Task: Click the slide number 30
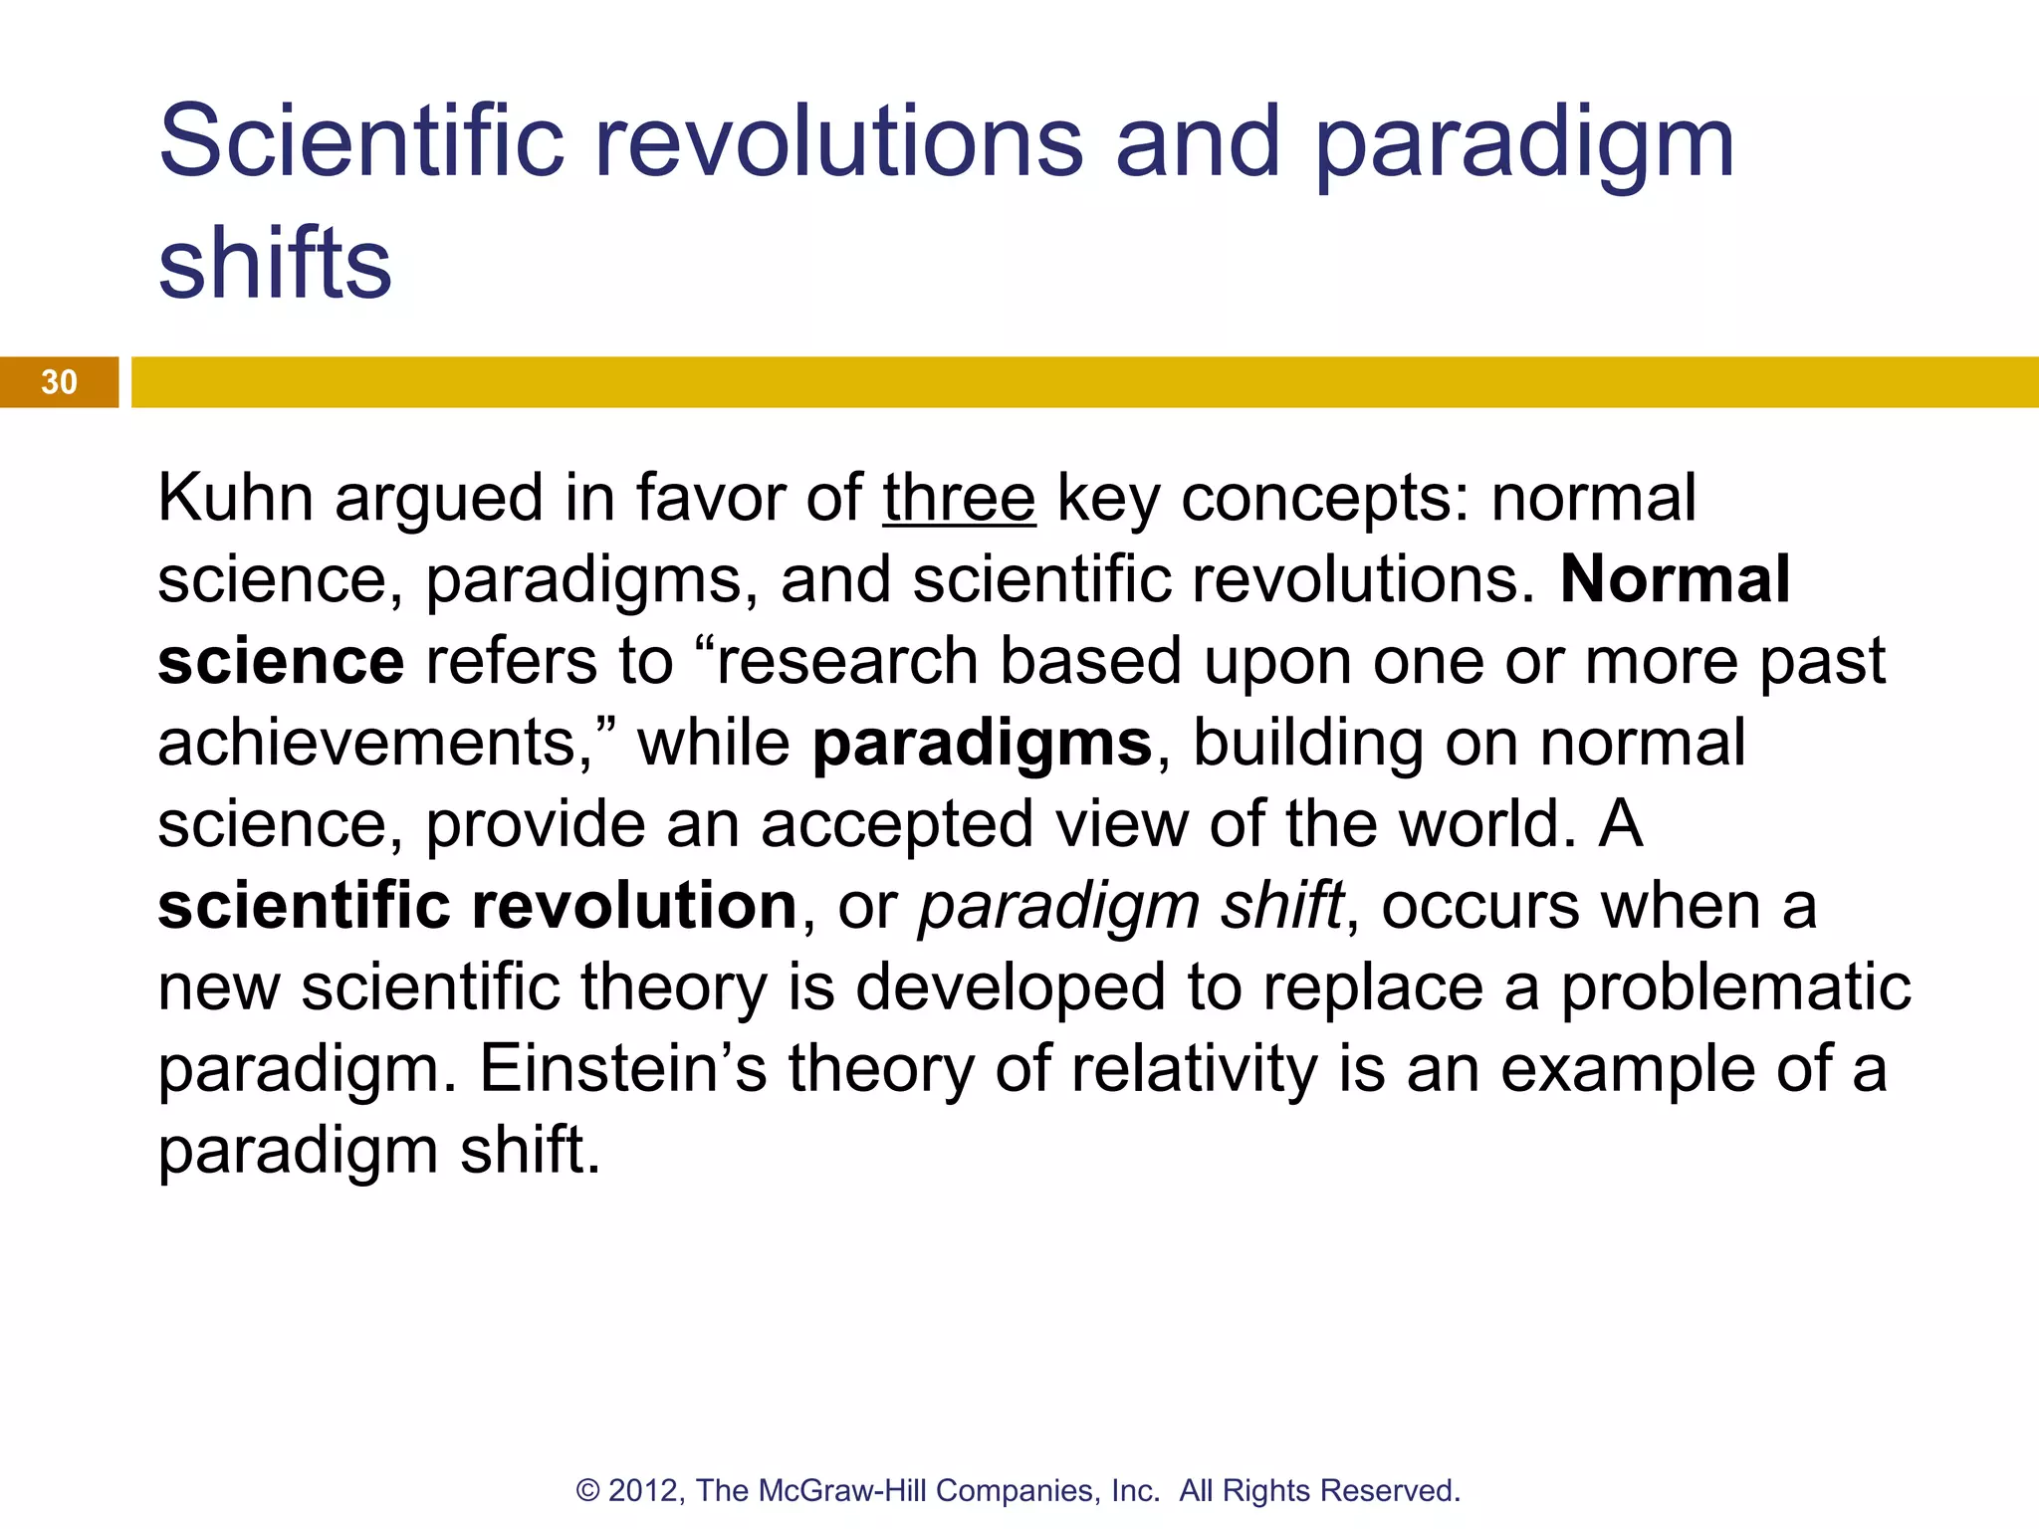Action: (59, 382)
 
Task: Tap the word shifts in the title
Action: (275, 263)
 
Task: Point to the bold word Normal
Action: (1675, 579)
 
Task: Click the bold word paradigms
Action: (982, 744)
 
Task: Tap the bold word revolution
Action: (633, 906)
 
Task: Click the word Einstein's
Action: (623, 1069)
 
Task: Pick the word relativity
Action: (1194, 1069)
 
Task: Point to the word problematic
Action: (1734, 987)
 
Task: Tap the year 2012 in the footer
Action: (643, 1490)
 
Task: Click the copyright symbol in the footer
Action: (587, 1491)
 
